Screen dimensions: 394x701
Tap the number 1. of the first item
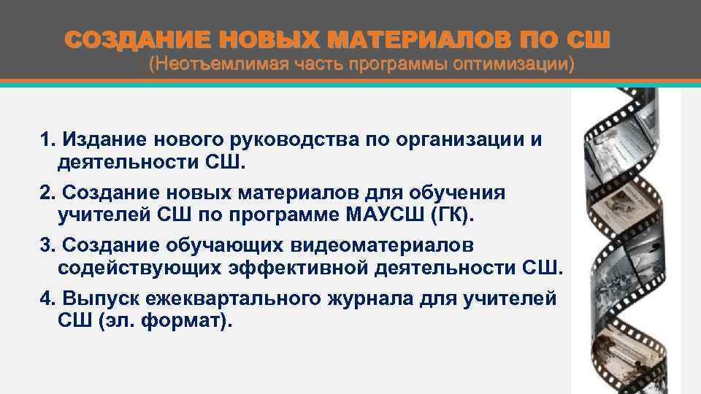click(47, 140)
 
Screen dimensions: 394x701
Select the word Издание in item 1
click(97, 140)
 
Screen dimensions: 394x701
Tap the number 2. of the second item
click(47, 193)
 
